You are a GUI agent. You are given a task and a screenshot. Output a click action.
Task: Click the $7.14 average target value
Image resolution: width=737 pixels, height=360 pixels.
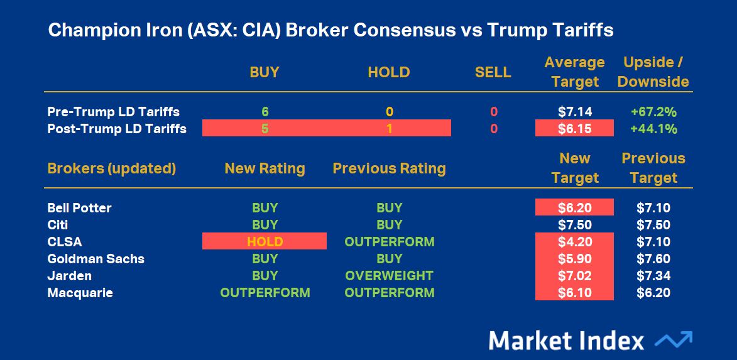coord(574,112)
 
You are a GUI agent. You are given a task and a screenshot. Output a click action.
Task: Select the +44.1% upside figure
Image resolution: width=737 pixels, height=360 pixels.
coord(653,129)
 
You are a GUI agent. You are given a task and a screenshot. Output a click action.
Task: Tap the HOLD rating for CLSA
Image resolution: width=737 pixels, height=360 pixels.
coord(264,241)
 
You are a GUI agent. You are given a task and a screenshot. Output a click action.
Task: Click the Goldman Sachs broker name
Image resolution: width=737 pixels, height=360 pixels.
coord(96,258)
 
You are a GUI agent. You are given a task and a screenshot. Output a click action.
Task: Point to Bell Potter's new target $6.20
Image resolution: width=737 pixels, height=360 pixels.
coord(574,208)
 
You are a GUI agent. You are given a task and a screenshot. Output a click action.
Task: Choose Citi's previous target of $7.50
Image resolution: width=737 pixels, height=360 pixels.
coord(653,225)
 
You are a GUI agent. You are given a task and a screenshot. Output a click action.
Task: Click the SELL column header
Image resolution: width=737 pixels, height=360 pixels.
coord(493,72)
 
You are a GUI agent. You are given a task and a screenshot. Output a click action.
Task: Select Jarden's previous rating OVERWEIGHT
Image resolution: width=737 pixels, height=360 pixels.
coord(389,275)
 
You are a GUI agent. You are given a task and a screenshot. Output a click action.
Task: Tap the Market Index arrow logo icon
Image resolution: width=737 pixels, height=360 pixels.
coord(674,339)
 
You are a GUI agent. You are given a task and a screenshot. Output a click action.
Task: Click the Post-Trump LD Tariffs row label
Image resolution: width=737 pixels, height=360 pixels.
coord(117,129)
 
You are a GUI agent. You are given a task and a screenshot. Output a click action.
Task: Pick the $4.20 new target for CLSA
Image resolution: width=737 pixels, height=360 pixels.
coord(574,241)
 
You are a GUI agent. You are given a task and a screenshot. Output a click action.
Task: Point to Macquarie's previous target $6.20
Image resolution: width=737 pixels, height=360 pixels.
coord(653,292)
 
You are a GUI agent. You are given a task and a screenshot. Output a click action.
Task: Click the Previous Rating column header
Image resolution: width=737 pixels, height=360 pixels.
coord(389,168)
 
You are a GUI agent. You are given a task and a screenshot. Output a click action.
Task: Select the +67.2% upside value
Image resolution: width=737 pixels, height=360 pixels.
coord(653,112)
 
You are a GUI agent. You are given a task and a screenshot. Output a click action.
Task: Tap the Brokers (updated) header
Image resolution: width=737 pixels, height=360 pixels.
coord(112,169)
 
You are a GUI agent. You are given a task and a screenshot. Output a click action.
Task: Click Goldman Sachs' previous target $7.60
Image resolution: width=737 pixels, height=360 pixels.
coord(653,258)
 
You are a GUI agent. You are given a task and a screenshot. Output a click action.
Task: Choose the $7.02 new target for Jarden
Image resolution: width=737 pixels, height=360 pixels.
coord(574,275)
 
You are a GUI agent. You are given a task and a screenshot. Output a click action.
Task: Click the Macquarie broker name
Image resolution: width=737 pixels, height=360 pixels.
coord(80,293)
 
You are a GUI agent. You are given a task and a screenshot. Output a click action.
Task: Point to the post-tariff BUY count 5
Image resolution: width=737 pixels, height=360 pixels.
coord(265,129)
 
